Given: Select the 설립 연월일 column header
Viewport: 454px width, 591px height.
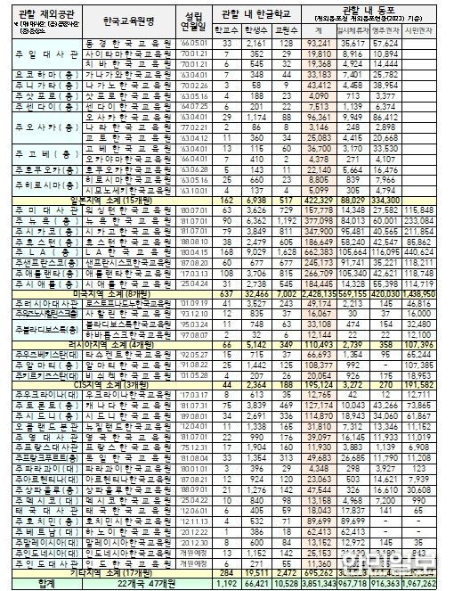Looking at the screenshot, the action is click(x=192, y=17).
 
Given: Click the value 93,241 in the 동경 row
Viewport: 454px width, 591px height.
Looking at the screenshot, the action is click(x=317, y=42).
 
